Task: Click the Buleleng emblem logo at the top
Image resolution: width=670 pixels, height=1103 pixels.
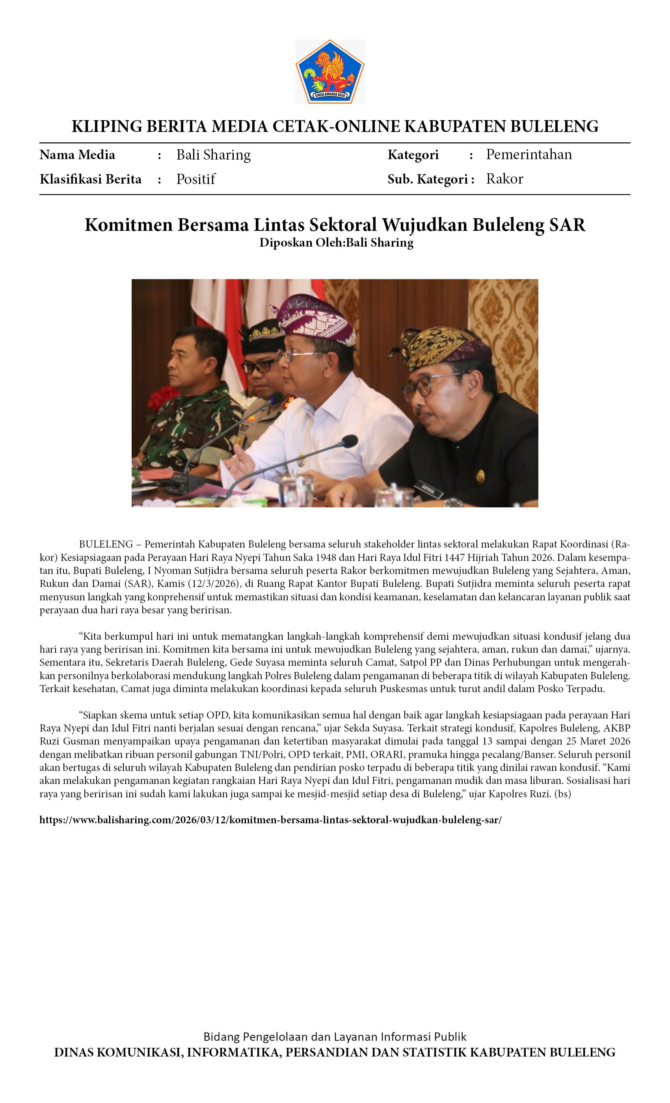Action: [x=329, y=72]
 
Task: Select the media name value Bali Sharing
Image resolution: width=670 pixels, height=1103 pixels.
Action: [x=213, y=155]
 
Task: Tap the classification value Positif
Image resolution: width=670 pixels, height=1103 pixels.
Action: [x=196, y=179]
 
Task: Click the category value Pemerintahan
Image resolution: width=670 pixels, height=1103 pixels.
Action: [x=529, y=154]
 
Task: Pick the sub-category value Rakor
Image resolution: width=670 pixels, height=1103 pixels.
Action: [x=504, y=179]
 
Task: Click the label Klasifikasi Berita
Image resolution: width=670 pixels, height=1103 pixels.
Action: [x=91, y=179]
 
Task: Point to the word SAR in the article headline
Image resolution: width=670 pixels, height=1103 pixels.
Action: [x=567, y=225]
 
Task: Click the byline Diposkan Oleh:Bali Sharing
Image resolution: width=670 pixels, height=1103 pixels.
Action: [x=336, y=243]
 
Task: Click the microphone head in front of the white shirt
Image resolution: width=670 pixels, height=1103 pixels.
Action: [x=348, y=441]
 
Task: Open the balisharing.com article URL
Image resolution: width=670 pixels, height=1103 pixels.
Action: [x=270, y=820]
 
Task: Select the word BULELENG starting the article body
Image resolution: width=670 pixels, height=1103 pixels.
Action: [x=106, y=544]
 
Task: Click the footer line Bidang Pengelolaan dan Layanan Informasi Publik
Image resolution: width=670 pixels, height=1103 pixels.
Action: [x=335, y=1037]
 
